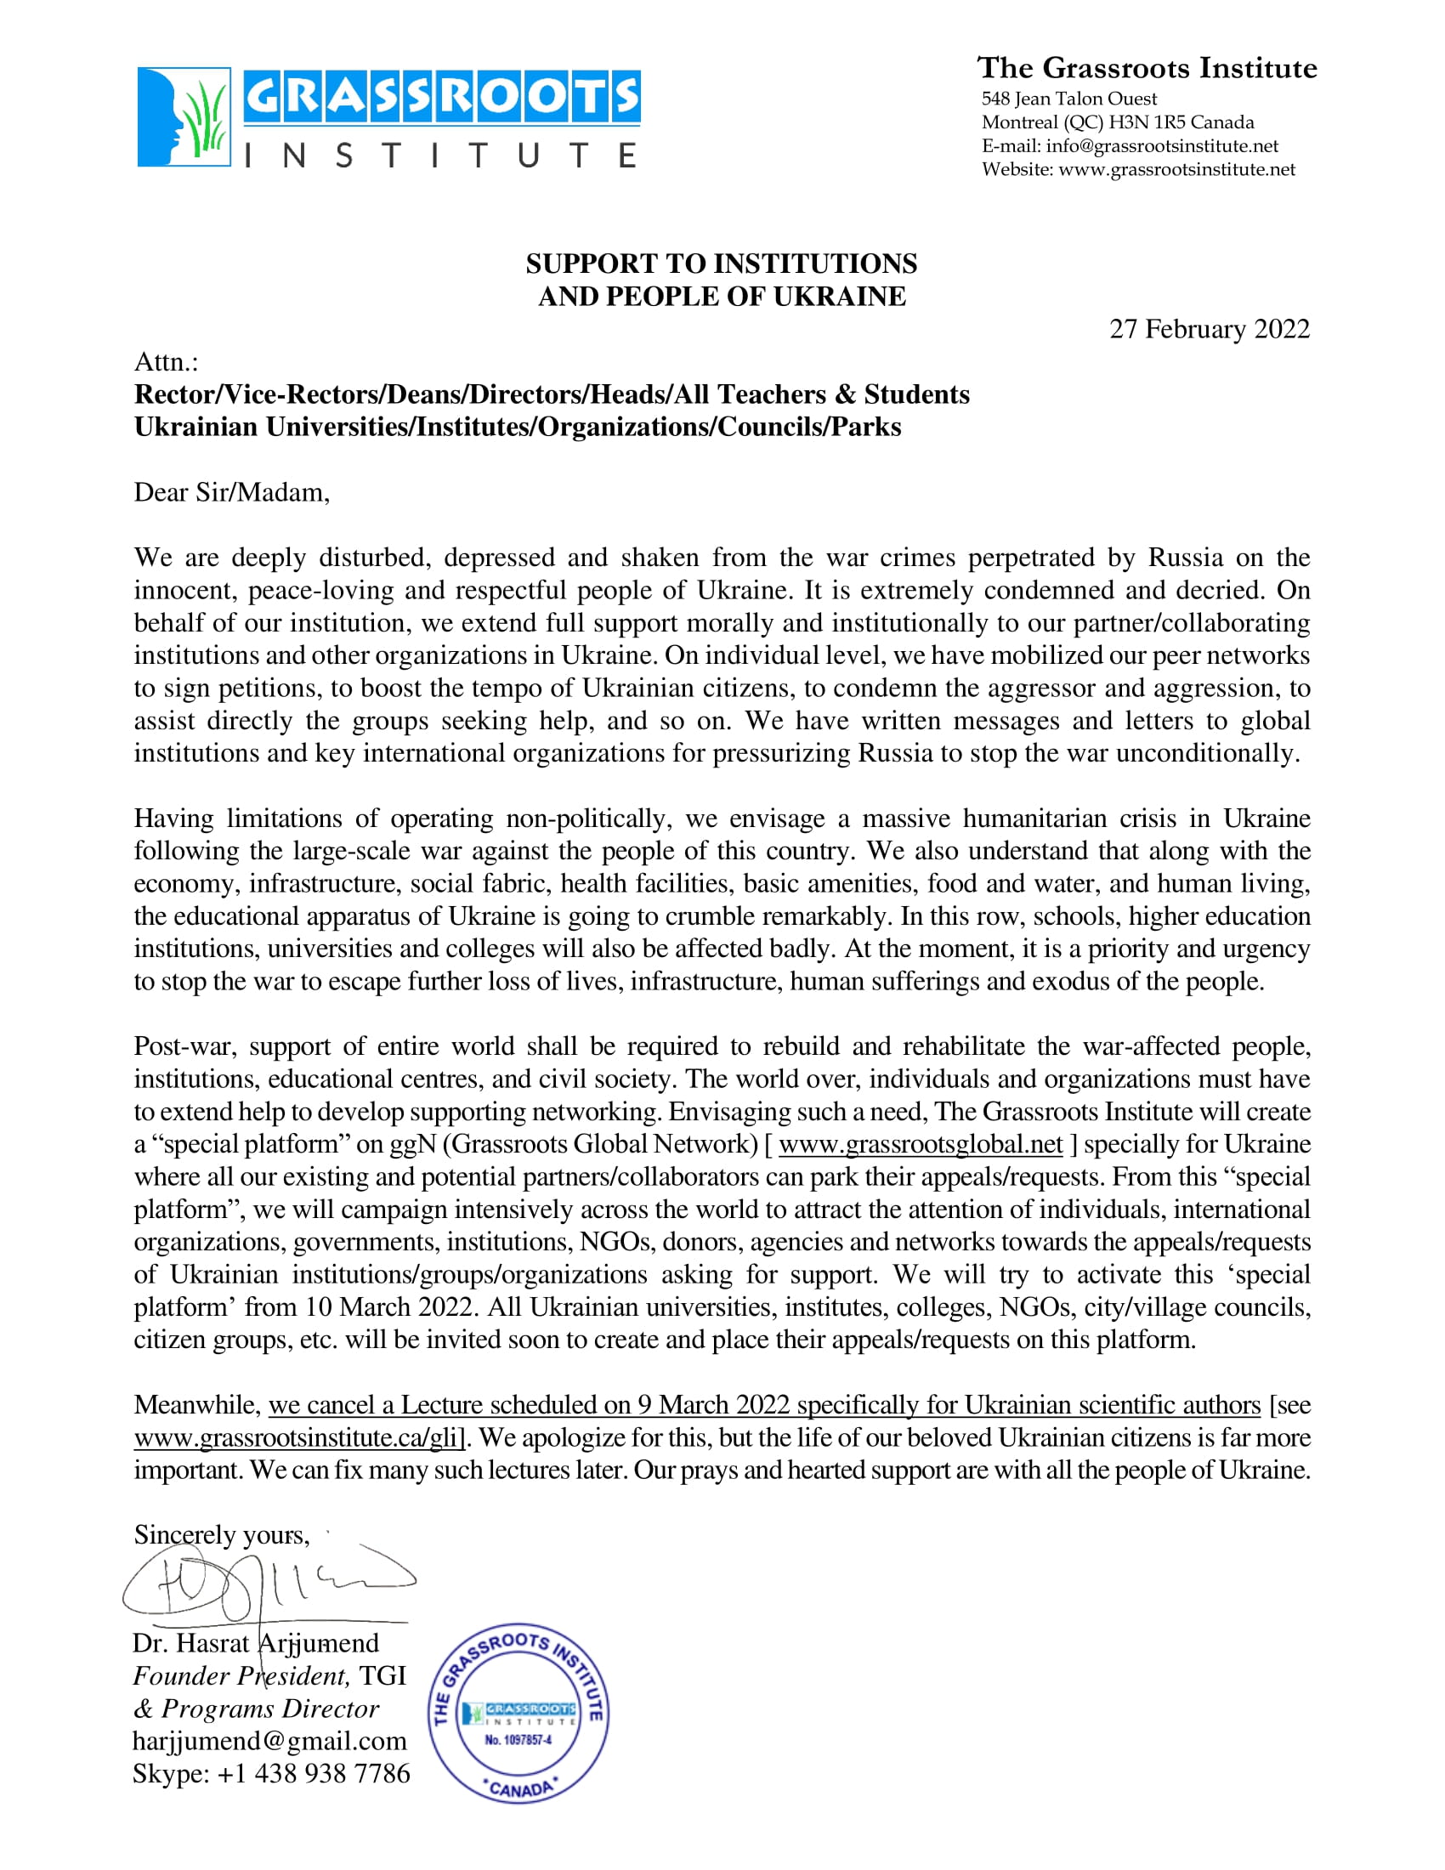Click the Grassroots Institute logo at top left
coord(388,117)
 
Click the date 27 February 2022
coord(1209,329)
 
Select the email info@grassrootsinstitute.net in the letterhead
coord(1162,145)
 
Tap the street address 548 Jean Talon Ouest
coord(1068,99)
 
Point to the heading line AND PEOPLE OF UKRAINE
coord(722,297)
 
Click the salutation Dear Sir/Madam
coord(231,492)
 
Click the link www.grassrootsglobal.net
coord(921,1144)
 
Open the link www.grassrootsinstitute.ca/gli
coord(297,1437)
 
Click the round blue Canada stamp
coord(518,1713)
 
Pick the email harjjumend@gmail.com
coord(269,1741)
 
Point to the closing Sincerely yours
coord(221,1535)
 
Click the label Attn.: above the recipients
coord(166,362)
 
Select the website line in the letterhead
coord(1137,169)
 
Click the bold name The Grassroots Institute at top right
coord(1147,68)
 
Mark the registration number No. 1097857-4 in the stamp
coord(518,1740)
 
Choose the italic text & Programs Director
coord(255,1708)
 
